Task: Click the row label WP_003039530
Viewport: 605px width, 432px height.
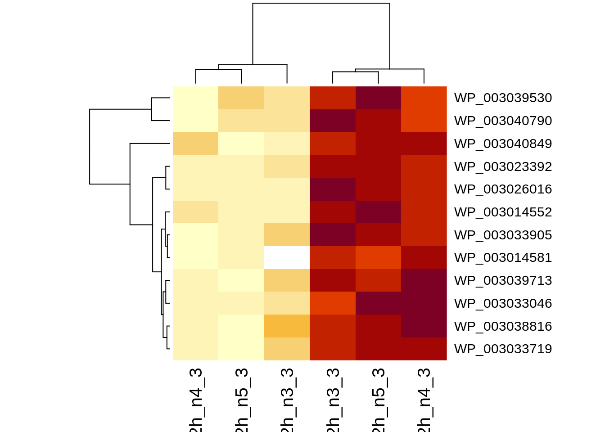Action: (x=503, y=98)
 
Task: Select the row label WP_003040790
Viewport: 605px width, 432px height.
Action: (x=503, y=121)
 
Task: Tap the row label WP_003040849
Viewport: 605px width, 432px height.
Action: (x=503, y=144)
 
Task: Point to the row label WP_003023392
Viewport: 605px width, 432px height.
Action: (x=503, y=166)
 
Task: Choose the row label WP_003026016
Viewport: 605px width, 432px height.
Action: (x=503, y=189)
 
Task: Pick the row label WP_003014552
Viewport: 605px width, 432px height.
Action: (x=503, y=212)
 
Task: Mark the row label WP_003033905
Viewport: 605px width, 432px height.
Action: (x=503, y=235)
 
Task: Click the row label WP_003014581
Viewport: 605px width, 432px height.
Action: (x=503, y=257)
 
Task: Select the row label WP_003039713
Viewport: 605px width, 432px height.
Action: (x=503, y=280)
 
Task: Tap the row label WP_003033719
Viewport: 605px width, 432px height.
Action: (x=503, y=349)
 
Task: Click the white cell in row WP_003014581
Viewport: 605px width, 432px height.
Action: (x=287, y=257)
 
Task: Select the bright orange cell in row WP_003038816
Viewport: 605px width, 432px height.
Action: (x=287, y=326)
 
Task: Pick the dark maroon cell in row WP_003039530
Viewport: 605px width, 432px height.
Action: (x=378, y=98)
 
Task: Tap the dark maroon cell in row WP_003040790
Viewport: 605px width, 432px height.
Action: (x=333, y=121)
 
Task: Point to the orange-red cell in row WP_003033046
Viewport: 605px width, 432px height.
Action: (x=333, y=303)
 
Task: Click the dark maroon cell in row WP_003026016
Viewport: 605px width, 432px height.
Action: (x=333, y=189)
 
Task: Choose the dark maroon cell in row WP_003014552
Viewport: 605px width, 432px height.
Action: (x=378, y=212)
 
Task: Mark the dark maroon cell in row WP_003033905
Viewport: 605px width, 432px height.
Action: (x=333, y=235)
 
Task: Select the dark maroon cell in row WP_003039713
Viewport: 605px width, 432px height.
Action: (x=424, y=280)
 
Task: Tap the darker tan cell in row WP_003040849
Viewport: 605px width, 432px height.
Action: (x=195, y=144)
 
